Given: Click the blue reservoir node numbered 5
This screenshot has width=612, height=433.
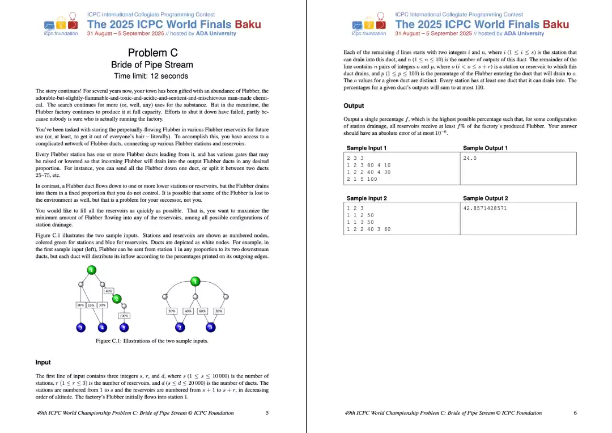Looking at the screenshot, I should pyautogui.click(x=124, y=328).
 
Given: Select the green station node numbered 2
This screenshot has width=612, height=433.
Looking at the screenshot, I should pyautogui.click(x=117, y=299).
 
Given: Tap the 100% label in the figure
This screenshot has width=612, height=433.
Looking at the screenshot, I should pyautogui.click(x=124, y=316).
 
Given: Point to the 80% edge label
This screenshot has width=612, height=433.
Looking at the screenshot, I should pyautogui.click(x=80, y=305).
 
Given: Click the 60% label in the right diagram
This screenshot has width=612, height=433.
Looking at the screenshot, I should pyautogui.click(x=202, y=311).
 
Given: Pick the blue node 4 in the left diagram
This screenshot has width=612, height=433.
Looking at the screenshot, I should pyautogui.click(x=103, y=328).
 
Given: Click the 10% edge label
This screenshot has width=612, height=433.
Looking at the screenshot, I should pyautogui.click(x=91, y=305).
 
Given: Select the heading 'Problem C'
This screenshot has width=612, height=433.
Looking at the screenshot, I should pyautogui.click(x=152, y=53).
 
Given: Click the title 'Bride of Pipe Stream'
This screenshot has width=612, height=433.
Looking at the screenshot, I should pyautogui.click(x=152, y=65).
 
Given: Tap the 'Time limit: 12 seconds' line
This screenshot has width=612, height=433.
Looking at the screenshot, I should pyautogui.click(x=151, y=76).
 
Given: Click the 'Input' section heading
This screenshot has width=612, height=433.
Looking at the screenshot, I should pyautogui.click(x=43, y=362).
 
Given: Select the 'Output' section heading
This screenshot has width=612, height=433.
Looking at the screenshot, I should pyautogui.click(x=354, y=106).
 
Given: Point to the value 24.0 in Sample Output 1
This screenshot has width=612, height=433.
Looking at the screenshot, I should pyautogui.click(x=470, y=158).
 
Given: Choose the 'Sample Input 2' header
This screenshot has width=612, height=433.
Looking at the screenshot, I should pyautogui.click(x=367, y=198).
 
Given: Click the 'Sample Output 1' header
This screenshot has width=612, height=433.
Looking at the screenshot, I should pyautogui.click(x=485, y=148).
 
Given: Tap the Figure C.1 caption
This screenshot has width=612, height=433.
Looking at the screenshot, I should pyautogui.click(x=152, y=341).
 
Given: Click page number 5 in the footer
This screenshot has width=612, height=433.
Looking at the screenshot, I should pyautogui.click(x=267, y=413).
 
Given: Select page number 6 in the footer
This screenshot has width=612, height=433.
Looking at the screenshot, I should pyautogui.click(x=575, y=413).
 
